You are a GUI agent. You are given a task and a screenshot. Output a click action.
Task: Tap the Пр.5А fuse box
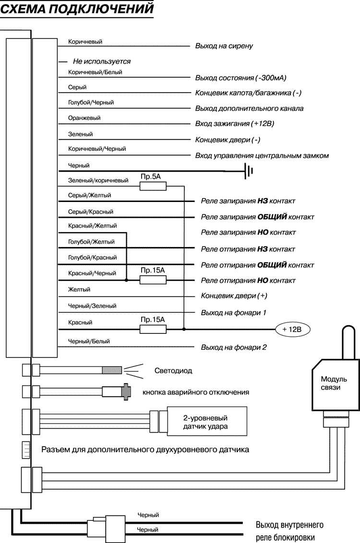coord(153,186)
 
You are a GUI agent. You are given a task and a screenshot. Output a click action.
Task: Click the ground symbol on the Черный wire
coord(248,171)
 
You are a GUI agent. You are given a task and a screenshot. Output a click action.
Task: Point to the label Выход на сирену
coord(224,46)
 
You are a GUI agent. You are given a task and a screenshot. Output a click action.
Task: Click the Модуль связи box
coord(331,384)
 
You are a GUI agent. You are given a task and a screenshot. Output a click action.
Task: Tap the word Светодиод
coord(173,371)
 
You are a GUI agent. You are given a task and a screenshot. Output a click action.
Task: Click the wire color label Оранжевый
coord(84,118)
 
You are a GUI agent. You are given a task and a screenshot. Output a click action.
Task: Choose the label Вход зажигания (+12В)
coord(235,124)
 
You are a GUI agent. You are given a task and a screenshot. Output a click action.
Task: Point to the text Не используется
coord(101,62)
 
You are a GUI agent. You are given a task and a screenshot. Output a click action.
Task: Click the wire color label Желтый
coord(79,290)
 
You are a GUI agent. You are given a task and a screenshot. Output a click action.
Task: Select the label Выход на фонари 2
coord(234,347)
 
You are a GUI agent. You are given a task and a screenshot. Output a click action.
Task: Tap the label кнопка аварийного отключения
coord(196,392)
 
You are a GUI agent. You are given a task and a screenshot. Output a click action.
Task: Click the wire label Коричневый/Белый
coord(95,72)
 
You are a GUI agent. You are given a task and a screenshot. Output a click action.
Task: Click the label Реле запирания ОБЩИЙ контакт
coord(257,217)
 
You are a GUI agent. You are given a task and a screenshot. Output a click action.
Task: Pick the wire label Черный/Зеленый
coord(92,306)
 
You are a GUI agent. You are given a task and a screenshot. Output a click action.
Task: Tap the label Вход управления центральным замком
coord(262,156)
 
